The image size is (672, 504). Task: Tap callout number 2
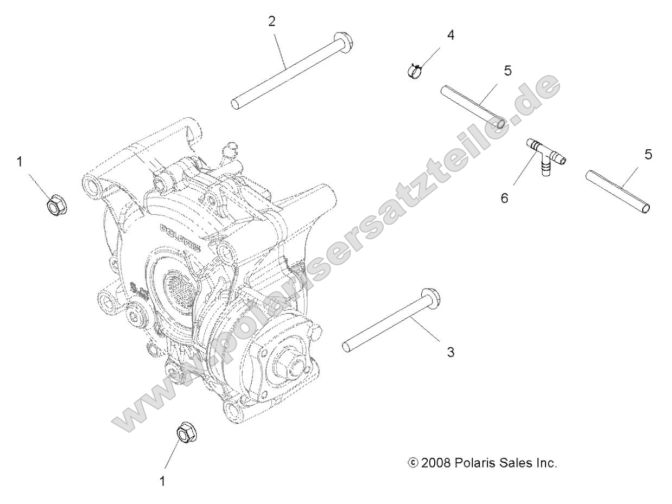[272, 22]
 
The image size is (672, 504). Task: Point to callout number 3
[450, 352]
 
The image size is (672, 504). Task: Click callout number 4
[451, 35]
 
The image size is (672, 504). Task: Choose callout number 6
[504, 198]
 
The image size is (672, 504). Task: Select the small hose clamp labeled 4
[415, 71]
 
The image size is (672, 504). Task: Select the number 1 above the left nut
[20, 162]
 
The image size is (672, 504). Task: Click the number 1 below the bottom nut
[162, 481]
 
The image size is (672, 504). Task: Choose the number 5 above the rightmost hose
[648, 154]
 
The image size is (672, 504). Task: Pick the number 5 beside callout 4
[508, 71]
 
